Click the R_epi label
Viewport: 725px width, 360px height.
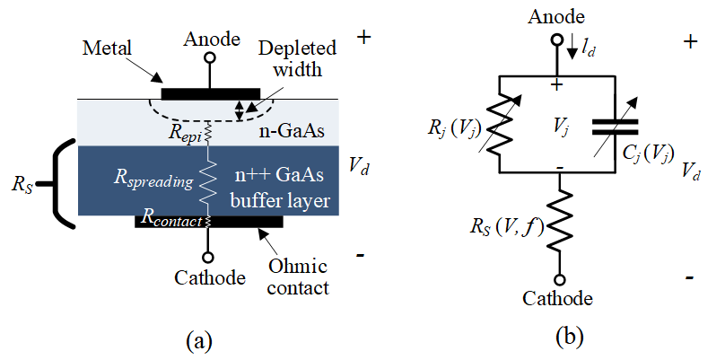(183, 132)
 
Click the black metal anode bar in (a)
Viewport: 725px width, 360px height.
(210, 92)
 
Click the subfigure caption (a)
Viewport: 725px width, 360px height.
(198, 339)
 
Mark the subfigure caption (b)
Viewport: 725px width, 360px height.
(570, 338)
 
